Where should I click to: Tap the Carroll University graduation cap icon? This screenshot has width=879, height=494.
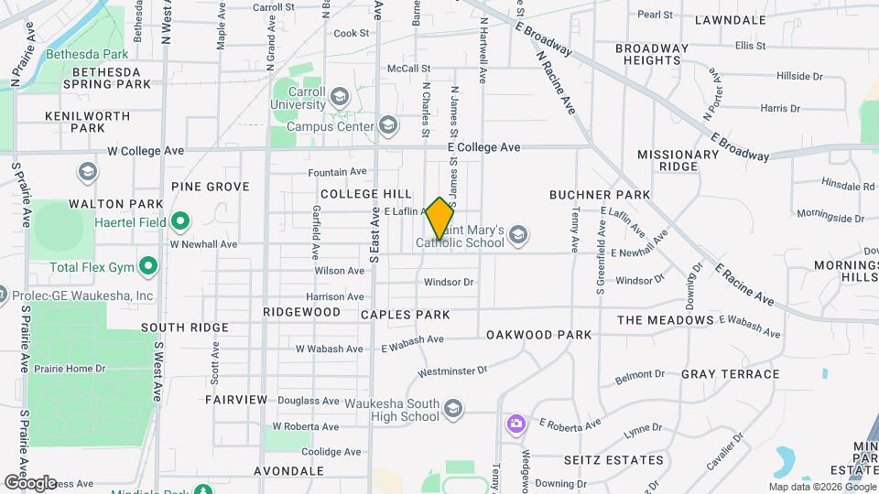tap(340, 96)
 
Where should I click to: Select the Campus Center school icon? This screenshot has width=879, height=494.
tap(388, 125)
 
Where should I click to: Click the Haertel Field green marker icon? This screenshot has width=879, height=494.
tap(180, 220)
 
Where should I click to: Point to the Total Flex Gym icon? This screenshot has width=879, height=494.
tap(147, 268)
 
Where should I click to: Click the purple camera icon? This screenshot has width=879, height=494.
tap(516, 423)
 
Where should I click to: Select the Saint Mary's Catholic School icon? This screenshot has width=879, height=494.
tap(518, 235)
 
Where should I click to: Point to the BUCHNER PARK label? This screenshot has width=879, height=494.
tap(600, 195)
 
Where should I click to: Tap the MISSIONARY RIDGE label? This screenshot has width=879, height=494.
tap(678, 160)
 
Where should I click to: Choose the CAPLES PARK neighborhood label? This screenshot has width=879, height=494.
tap(405, 315)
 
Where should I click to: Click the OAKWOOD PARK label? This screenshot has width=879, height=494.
tap(539, 335)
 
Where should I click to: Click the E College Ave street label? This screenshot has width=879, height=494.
tap(483, 147)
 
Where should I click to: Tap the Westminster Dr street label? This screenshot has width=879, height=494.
tap(451, 371)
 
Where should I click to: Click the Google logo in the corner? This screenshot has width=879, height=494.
tap(30, 482)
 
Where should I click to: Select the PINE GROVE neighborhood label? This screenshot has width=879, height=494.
tap(210, 187)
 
